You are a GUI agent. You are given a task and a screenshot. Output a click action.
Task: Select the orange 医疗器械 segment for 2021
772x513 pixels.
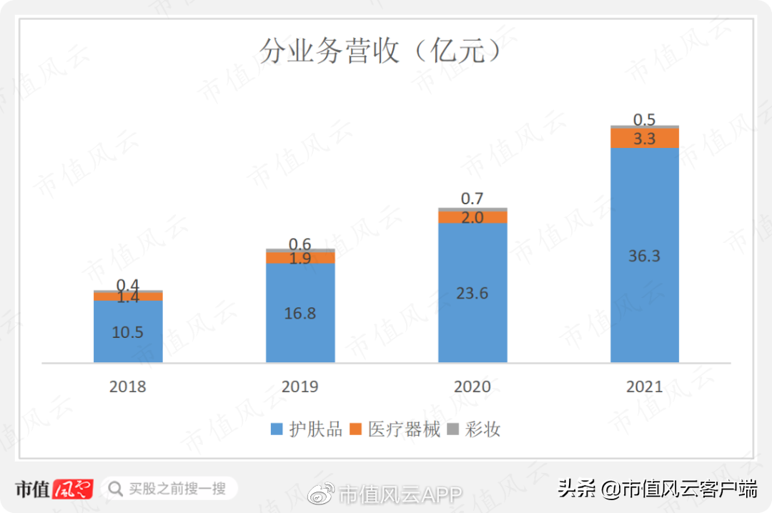(644, 138)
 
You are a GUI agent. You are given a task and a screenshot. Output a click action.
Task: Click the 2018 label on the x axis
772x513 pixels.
(128, 387)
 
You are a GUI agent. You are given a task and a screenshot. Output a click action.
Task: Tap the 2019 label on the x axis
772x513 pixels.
(300, 387)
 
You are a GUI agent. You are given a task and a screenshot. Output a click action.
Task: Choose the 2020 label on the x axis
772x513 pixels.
(472, 387)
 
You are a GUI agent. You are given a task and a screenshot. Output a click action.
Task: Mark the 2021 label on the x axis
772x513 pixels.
(644, 387)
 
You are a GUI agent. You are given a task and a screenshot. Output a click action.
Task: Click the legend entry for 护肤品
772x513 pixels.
(307, 429)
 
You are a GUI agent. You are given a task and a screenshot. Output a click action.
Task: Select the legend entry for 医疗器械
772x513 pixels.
(397, 429)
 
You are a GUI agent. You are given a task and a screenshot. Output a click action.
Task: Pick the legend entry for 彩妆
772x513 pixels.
(475, 429)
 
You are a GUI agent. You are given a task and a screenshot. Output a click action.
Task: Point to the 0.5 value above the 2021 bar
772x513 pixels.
(644, 119)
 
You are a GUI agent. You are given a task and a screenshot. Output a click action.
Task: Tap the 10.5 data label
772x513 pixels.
(128, 332)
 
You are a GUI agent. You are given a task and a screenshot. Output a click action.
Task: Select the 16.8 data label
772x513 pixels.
(300, 313)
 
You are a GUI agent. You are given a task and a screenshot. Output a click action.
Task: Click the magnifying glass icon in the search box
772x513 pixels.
(115, 489)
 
